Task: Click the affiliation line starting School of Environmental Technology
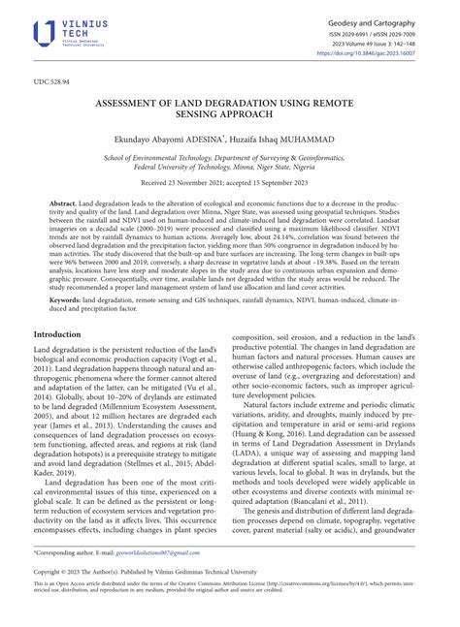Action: (x=229, y=157)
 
